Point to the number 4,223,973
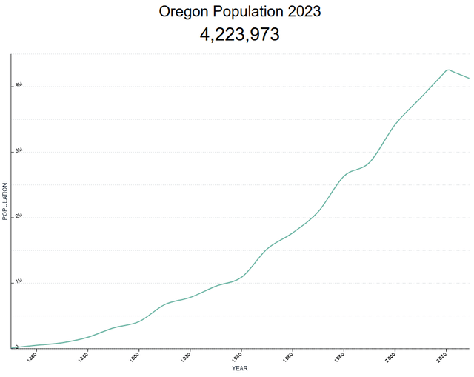tap(239, 34)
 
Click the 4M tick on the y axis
tap(19, 86)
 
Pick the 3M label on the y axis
tap(19, 151)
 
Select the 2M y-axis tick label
tap(19, 216)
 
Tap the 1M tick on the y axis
tap(19, 281)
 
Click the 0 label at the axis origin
tap(16, 346)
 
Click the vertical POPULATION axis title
tap(4, 201)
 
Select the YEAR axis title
tap(240, 368)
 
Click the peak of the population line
tap(447, 70)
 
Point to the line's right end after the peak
tap(469, 78)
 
